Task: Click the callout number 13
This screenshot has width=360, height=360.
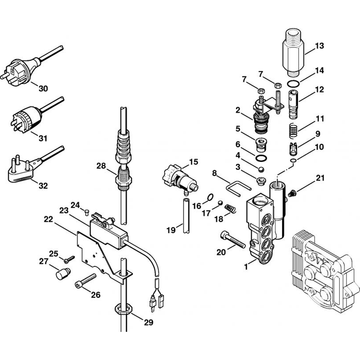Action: click(319, 46)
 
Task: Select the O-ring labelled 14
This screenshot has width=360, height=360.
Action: click(294, 84)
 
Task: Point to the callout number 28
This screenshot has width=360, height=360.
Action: click(101, 166)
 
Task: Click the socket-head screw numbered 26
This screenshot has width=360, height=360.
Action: click(86, 281)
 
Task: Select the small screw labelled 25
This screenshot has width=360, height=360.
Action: click(68, 258)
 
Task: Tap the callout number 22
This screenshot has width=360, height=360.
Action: click(49, 219)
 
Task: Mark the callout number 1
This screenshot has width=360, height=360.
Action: click(246, 267)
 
